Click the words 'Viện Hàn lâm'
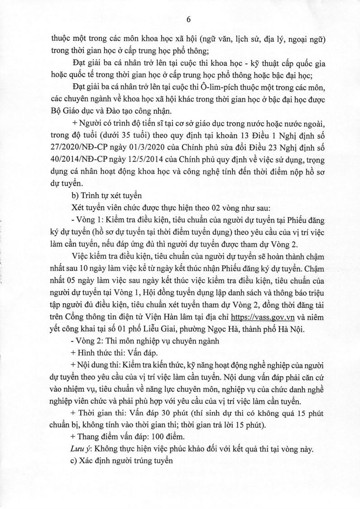pos(174,316)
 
